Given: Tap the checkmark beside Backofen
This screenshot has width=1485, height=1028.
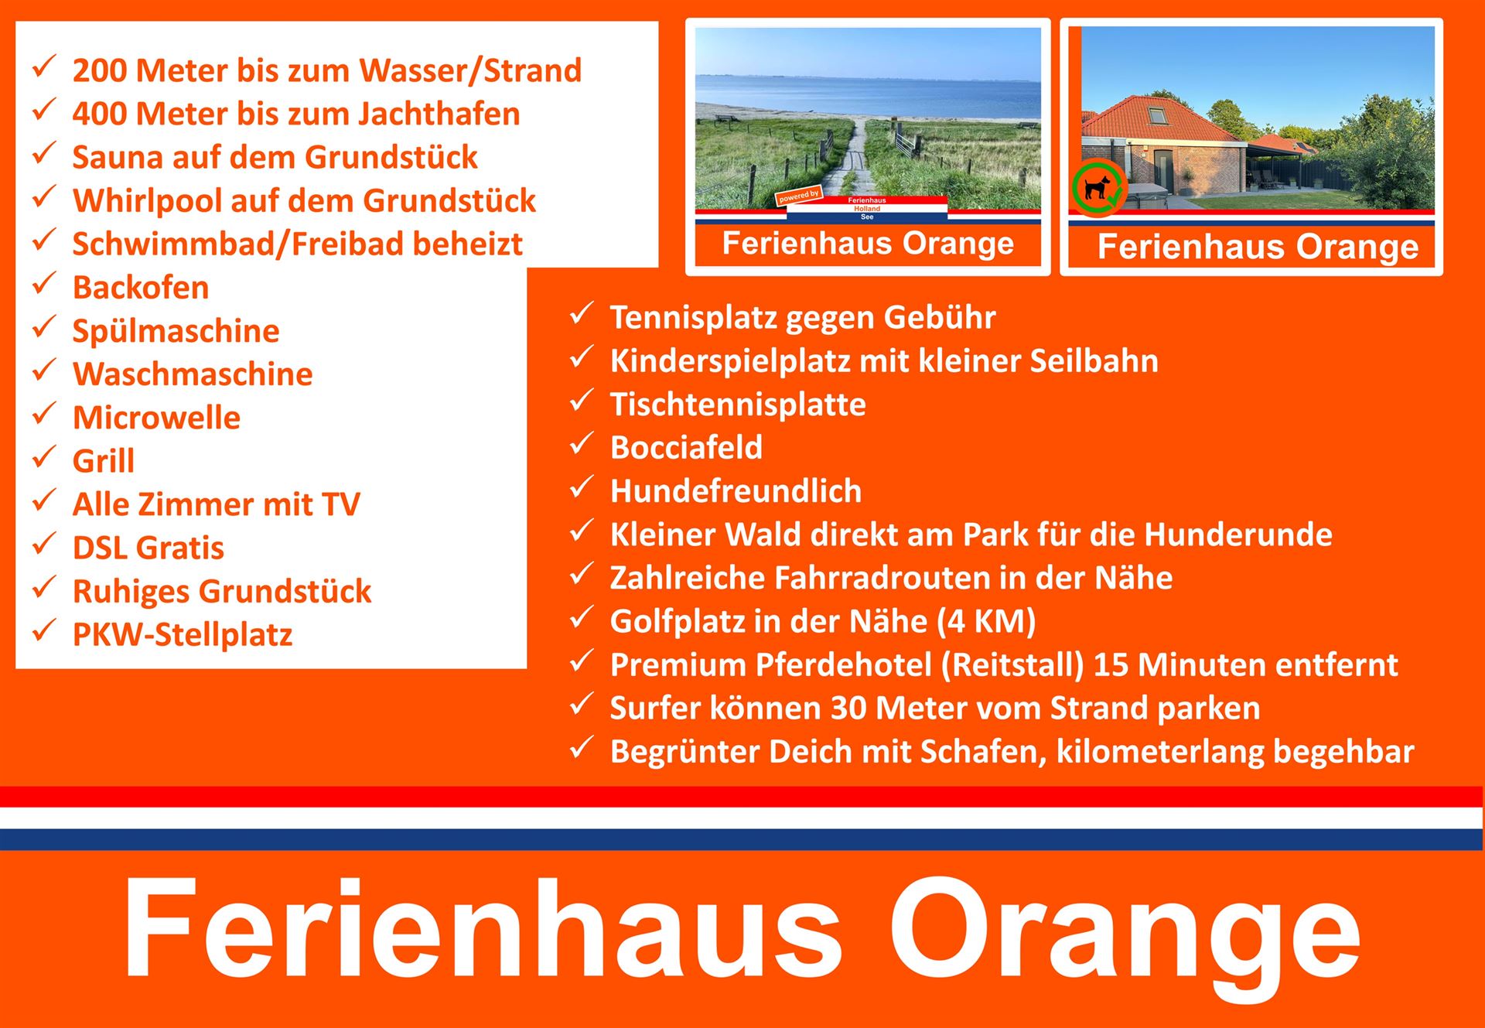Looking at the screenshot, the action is (x=43, y=284).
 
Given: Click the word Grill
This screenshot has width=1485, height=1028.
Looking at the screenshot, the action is (x=104, y=461).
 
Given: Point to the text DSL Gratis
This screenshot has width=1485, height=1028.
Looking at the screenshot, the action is (x=148, y=548).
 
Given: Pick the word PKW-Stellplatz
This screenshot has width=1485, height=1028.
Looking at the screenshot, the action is (x=183, y=635).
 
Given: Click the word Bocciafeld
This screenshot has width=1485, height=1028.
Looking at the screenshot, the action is (x=686, y=448).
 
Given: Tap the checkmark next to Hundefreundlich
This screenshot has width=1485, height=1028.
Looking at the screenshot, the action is (x=580, y=487).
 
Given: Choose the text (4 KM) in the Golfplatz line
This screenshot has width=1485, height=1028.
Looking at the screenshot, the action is (x=986, y=621).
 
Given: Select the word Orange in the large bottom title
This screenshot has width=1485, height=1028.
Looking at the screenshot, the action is (x=1125, y=930).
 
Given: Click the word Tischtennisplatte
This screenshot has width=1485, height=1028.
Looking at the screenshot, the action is (x=738, y=405).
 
